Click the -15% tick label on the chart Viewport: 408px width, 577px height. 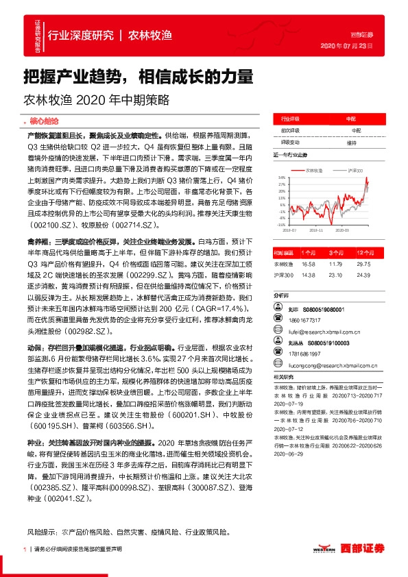[x=281, y=224]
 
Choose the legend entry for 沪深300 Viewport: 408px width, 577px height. [x=355, y=169]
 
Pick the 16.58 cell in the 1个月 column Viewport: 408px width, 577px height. [x=308, y=264]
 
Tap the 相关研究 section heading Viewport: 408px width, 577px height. [x=283, y=377]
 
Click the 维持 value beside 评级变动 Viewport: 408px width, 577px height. [x=351, y=143]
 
